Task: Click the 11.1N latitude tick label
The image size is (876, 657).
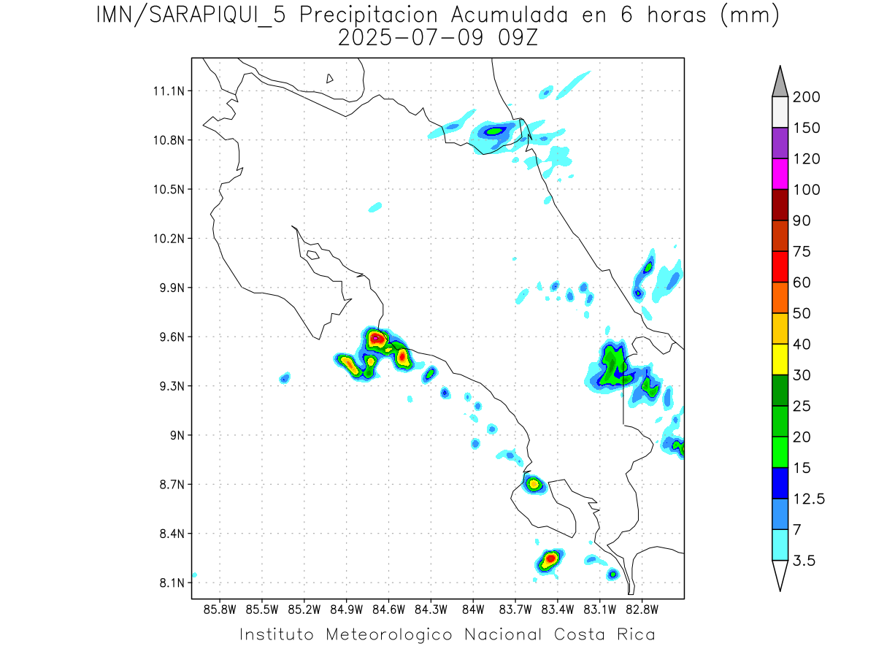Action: click(x=170, y=91)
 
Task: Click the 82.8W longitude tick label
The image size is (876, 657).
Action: click(x=642, y=609)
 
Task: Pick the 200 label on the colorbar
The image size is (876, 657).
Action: click(x=807, y=97)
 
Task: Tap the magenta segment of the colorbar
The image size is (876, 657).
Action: click(x=780, y=174)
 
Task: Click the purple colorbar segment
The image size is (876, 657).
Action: click(x=780, y=143)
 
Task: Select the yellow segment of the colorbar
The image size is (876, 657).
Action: click(x=780, y=359)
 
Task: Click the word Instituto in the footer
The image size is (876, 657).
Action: click(x=277, y=634)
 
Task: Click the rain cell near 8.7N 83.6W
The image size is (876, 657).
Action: click(x=533, y=483)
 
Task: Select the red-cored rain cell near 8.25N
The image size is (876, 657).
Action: click(x=549, y=559)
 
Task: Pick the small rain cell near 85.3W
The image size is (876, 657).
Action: click(x=285, y=377)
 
